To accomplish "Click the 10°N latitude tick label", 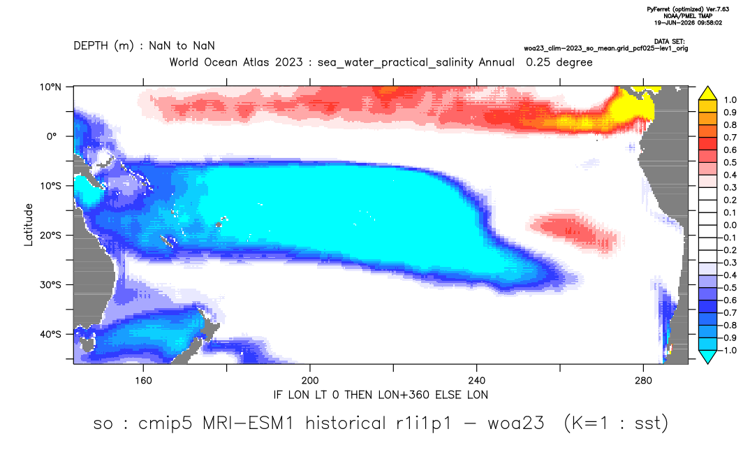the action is [x=51, y=87].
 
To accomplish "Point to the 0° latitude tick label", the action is [x=52, y=136].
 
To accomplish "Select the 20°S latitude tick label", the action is [x=51, y=235].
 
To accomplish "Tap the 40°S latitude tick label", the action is [x=51, y=334].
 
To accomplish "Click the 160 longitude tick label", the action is [x=143, y=381].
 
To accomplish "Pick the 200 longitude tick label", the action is [x=310, y=381].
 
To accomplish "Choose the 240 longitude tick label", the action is [x=477, y=381].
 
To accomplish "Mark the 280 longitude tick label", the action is [x=643, y=381].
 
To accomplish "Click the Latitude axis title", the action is [x=29, y=224].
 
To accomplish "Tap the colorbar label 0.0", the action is [x=730, y=225].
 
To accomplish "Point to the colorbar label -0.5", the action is [x=728, y=288].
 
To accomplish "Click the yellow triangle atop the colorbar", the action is [x=707, y=94].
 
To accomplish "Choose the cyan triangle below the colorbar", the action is [x=707, y=356].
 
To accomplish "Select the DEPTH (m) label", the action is [x=104, y=46].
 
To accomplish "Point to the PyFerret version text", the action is [x=688, y=9].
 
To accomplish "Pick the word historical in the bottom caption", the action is [x=345, y=423].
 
